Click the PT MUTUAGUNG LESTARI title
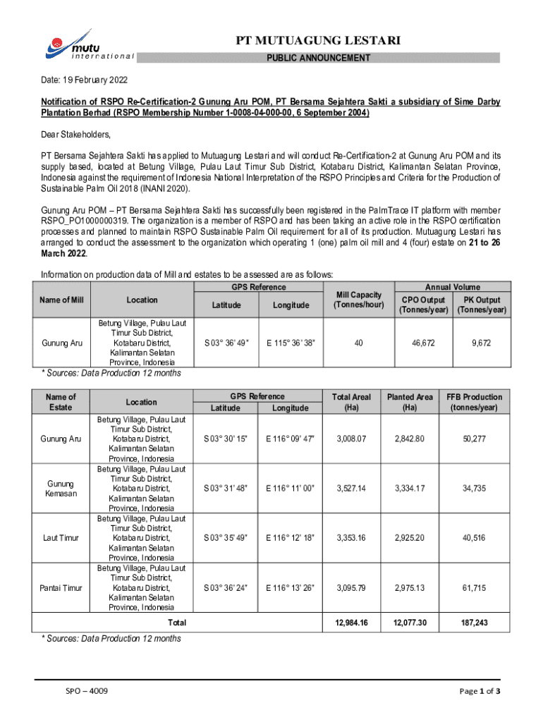point(318,42)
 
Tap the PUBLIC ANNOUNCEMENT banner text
point(317,58)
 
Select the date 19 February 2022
point(84,81)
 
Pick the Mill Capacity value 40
point(359,343)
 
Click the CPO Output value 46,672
point(422,343)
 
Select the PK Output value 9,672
point(482,343)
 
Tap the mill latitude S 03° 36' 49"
point(226,343)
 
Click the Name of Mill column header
point(62,300)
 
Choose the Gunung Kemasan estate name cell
point(61,488)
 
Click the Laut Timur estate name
point(61,537)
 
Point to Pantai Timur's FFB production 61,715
point(474,587)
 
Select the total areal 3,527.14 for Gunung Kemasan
point(352,488)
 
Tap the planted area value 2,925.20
point(410,537)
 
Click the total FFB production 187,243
point(474,623)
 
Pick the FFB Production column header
point(474,402)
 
